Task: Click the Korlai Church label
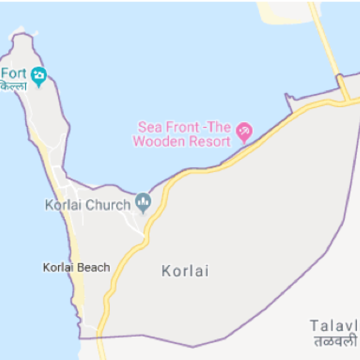point(88,206)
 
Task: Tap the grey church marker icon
point(144,202)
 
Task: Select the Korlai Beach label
point(76,268)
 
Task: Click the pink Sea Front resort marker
point(244,132)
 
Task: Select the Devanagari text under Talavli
point(336,340)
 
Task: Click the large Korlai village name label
point(185,271)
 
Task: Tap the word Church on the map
point(108,206)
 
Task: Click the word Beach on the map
point(93,268)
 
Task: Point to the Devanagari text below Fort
point(13,86)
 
